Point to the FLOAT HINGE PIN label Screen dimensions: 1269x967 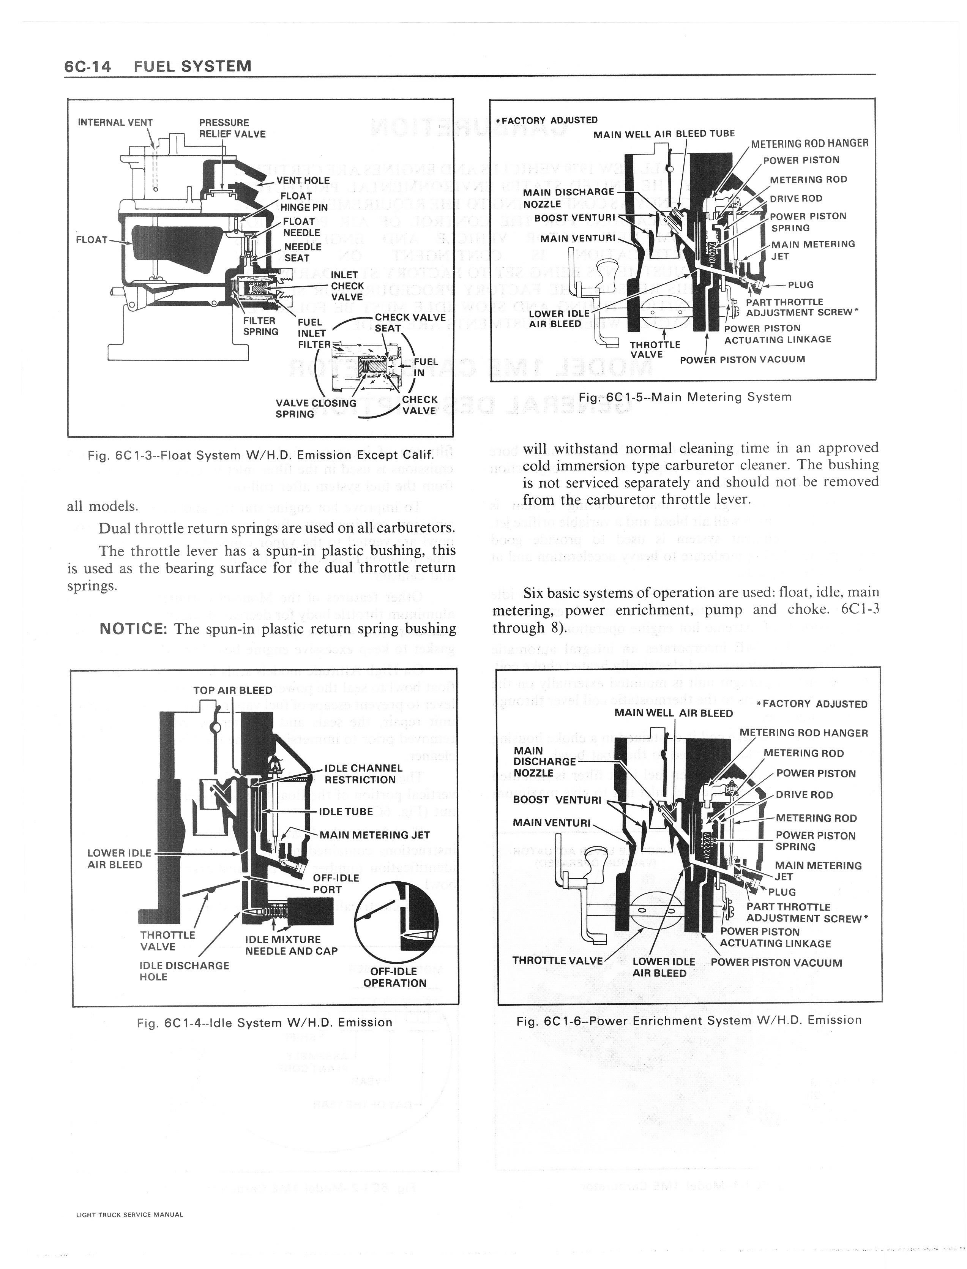(303, 201)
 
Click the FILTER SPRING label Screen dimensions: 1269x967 (260, 326)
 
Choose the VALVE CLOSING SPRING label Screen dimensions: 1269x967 (315, 408)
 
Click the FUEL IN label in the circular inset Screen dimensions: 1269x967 (425, 366)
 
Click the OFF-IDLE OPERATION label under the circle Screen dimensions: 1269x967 (394, 977)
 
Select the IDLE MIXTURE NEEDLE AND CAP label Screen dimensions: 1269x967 (291, 945)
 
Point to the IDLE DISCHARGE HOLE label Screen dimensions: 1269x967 (184, 971)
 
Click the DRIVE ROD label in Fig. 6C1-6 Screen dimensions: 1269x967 (804, 795)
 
